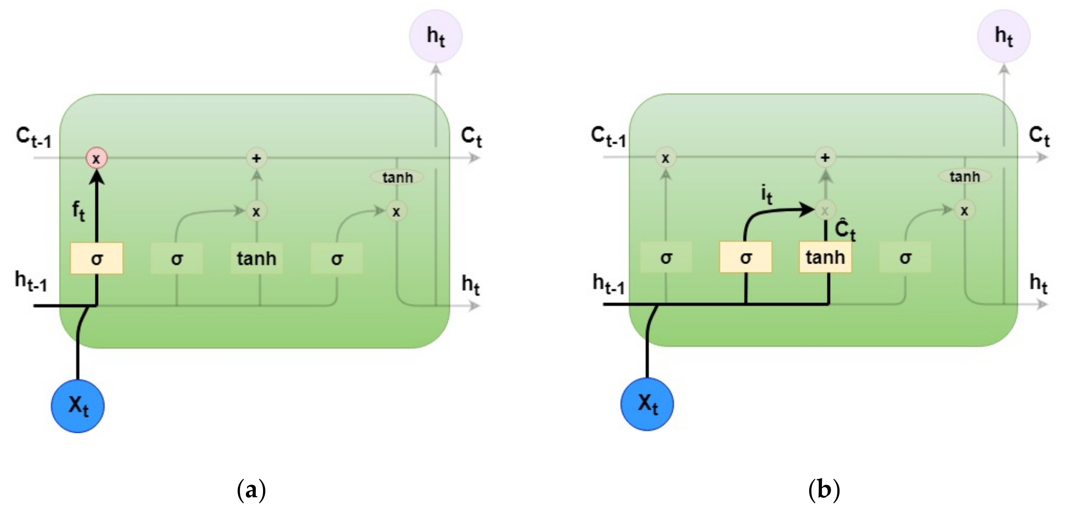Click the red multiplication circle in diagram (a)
[x=96, y=158]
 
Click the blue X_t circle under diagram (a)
[x=78, y=406]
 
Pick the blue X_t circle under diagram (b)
[x=647, y=404]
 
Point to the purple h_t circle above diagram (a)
[x=436, y=36]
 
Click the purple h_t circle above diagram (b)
[x=1003, y=36]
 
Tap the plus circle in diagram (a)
[x=257, y=158]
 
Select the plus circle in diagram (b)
[x=825, y=157]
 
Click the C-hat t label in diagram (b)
[x=845, y=230]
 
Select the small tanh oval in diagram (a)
[x=397, y=177]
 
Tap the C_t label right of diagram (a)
[x=471, y=136]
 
